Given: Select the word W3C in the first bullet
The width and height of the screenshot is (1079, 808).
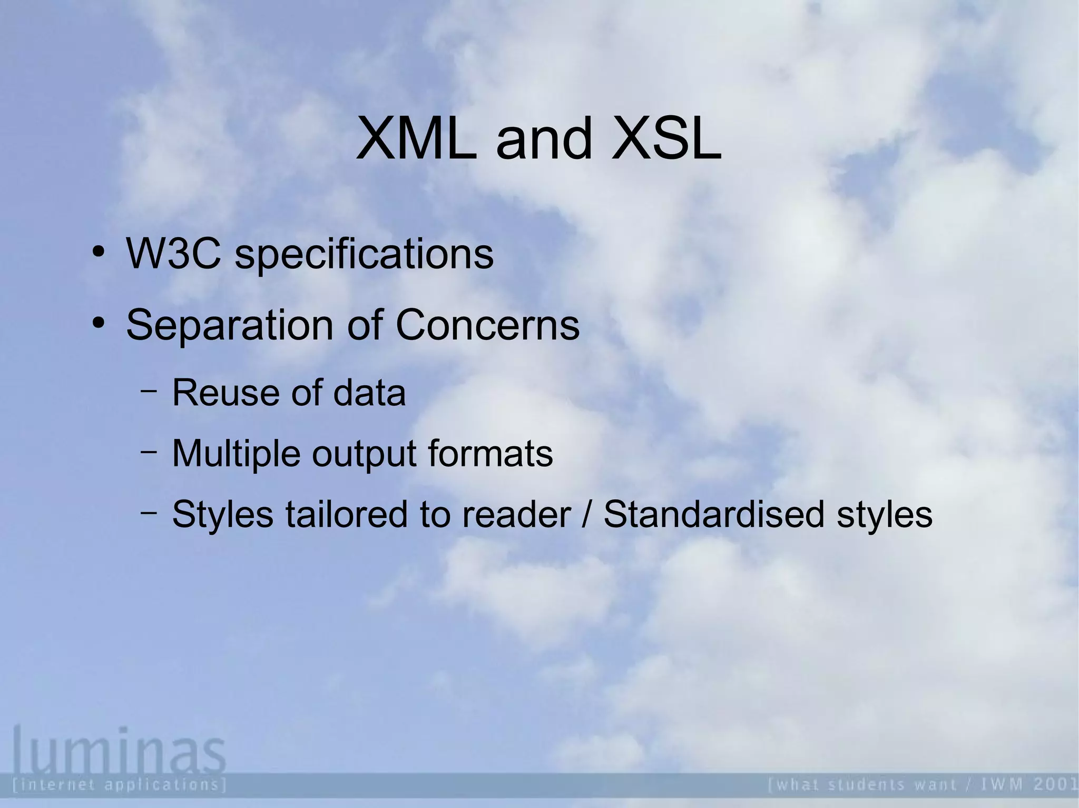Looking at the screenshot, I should pyautogui.click(x=173, y=254).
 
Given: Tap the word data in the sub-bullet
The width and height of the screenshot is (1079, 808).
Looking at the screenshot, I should pyautogui.click(x=369, y=393).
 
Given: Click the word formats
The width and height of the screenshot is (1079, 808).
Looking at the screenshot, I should pyautogui.click(x=490, y=454).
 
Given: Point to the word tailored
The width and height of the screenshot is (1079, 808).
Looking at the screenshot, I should pyautogui.click(x=346, y=514).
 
